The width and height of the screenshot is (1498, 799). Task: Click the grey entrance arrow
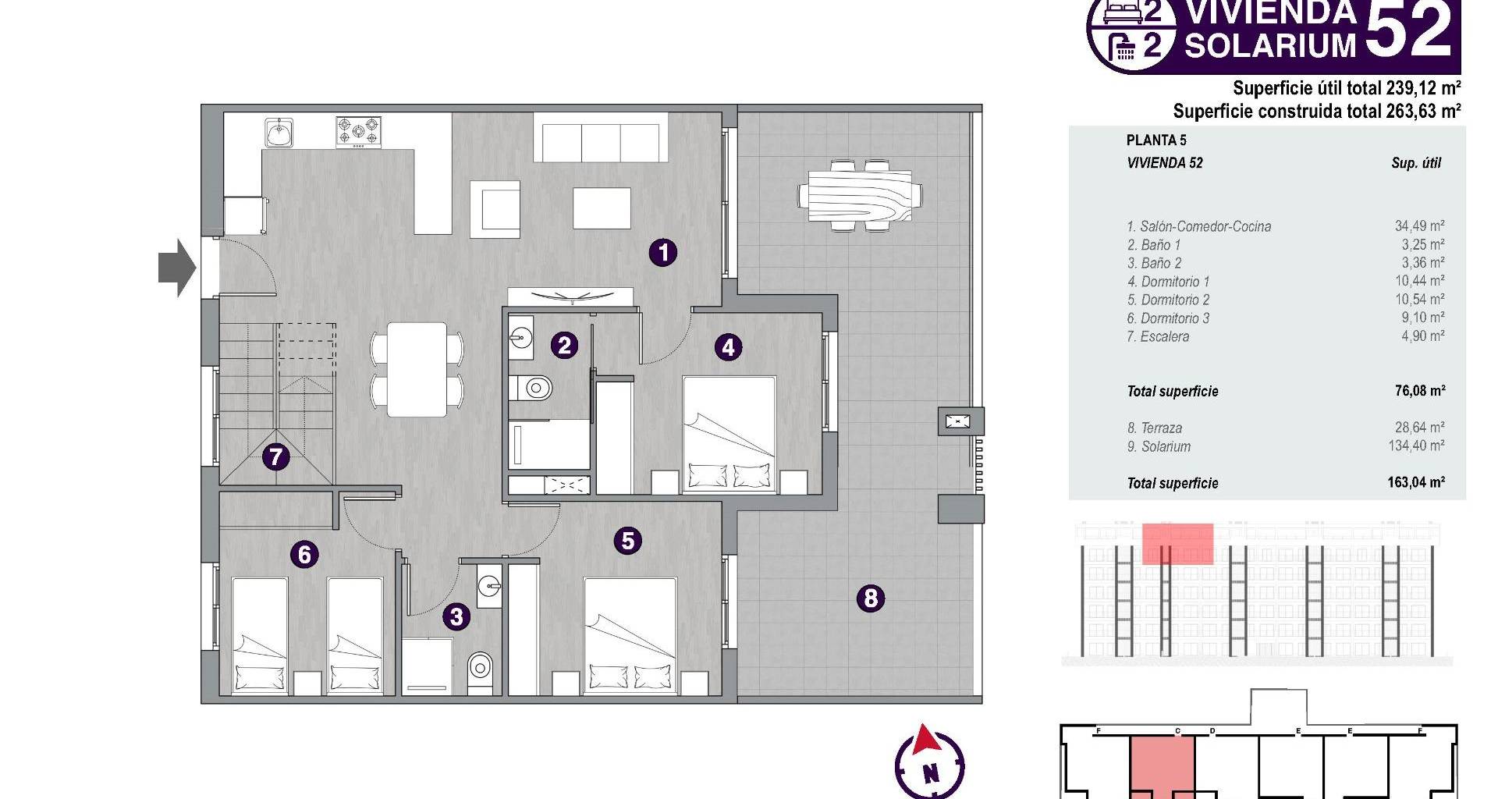(177, 268)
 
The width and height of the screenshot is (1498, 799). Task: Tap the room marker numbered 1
(663, 252)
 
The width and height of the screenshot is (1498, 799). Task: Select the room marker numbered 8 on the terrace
(871, 598)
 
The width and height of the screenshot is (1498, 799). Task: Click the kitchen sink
(279, 133)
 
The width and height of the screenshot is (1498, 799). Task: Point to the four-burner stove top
(359, 132)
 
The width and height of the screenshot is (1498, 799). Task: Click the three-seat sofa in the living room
(601, 137)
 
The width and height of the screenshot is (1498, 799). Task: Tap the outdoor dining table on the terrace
(860, 195)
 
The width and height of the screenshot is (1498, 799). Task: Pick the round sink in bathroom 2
(520, 338)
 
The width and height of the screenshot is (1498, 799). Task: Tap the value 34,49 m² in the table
(1419, 226)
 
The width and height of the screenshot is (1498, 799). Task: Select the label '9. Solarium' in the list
(1159, 447)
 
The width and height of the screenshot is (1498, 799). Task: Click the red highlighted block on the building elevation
(1177, 544)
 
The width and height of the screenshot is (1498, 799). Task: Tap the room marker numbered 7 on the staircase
(275, 456)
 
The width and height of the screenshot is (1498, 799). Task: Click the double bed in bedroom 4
(729, 435)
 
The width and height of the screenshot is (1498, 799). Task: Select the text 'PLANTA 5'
(1156, 140)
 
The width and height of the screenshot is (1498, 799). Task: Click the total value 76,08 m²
(1420, 391)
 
